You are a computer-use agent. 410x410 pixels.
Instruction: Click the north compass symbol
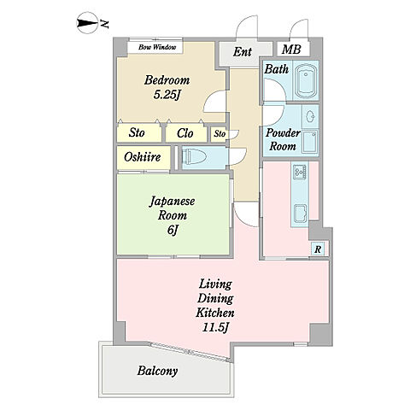[87, 23]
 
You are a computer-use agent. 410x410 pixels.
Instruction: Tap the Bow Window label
[157, 47]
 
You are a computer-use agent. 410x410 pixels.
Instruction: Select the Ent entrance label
[243, 52]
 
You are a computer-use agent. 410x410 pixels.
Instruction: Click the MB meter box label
[291, 50]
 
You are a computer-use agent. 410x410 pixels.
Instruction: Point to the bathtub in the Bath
[306, 81]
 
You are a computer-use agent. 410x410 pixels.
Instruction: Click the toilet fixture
[194, 157]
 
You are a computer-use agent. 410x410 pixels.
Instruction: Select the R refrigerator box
[318, 249]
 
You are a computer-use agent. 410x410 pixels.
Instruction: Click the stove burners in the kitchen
[300, 171]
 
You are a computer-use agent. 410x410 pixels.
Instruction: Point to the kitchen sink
[301, 214]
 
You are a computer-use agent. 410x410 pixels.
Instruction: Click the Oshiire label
[143, 157]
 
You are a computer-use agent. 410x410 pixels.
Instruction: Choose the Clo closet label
[185, 133]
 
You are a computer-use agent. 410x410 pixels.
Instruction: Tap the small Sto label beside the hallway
[220, 133]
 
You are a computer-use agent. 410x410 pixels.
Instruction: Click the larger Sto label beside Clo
[137, 132]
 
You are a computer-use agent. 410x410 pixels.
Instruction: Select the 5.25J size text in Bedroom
[167, 96]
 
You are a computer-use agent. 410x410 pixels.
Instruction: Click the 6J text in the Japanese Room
[173, 230]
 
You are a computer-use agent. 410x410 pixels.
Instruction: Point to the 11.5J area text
[215, 327]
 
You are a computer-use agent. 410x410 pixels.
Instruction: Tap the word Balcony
[157, 371]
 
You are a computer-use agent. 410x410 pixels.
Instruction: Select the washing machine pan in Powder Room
[310, 141]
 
